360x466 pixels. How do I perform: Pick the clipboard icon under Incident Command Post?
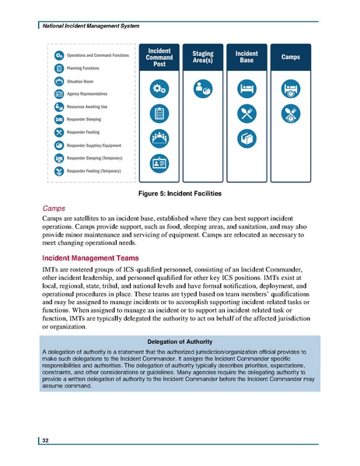[x=159, y=114]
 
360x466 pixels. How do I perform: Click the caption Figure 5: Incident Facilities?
[x=180, y=192]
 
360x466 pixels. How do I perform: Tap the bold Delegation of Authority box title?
[x=180, y=342]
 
